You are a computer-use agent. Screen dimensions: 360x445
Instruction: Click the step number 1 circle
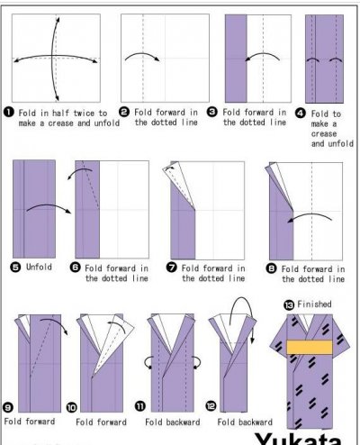tap(9, 113)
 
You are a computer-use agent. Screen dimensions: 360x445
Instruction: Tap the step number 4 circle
tap(301, 114)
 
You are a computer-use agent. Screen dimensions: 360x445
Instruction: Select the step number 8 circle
tap(271, 268)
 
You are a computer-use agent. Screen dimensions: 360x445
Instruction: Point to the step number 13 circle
tap(289, 305)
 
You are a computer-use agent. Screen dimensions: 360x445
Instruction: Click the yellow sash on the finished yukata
tap(310, 347)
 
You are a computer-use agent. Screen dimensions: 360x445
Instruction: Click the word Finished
tap(314, 304)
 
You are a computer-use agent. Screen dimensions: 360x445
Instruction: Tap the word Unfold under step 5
tap(39, 267)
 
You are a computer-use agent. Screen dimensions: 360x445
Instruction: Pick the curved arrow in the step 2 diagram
tap(142, 54)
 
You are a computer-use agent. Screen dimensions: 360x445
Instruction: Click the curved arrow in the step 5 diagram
tap(48, 205)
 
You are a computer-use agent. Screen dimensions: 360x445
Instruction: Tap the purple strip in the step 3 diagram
tap(236, 59)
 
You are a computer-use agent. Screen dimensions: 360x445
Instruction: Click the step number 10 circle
tap(72, 407)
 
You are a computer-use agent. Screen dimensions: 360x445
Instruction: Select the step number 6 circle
tap(75, 268)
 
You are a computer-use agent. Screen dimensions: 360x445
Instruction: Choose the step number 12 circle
tap(211, 406)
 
